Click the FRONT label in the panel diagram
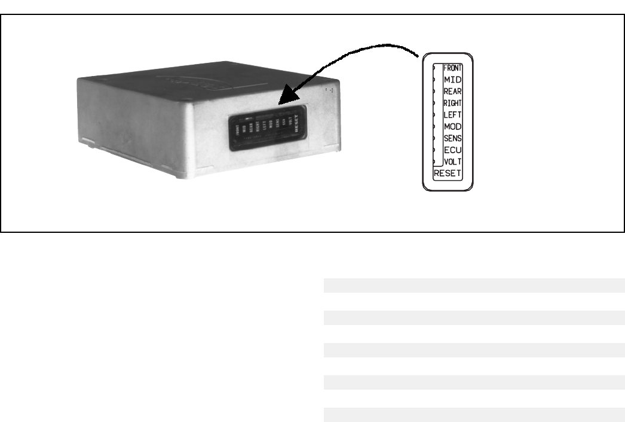click(452, 68)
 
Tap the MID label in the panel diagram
click(452, 79)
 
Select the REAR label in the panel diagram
click(452, 91)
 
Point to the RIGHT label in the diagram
click(452, 103)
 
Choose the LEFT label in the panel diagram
click(452, 114)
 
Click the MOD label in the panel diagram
click(452, 126)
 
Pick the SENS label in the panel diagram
click(452, 138)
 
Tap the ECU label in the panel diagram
click(452, 150)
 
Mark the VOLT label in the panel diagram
click(452, 162)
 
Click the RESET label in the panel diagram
click(448, 174)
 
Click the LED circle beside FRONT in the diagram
click(434, 68)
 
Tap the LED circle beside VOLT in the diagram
click(434, 162)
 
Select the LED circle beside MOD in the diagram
click(434, 126)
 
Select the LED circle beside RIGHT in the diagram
click(434, 103)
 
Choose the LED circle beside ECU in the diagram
click(434, 150)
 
